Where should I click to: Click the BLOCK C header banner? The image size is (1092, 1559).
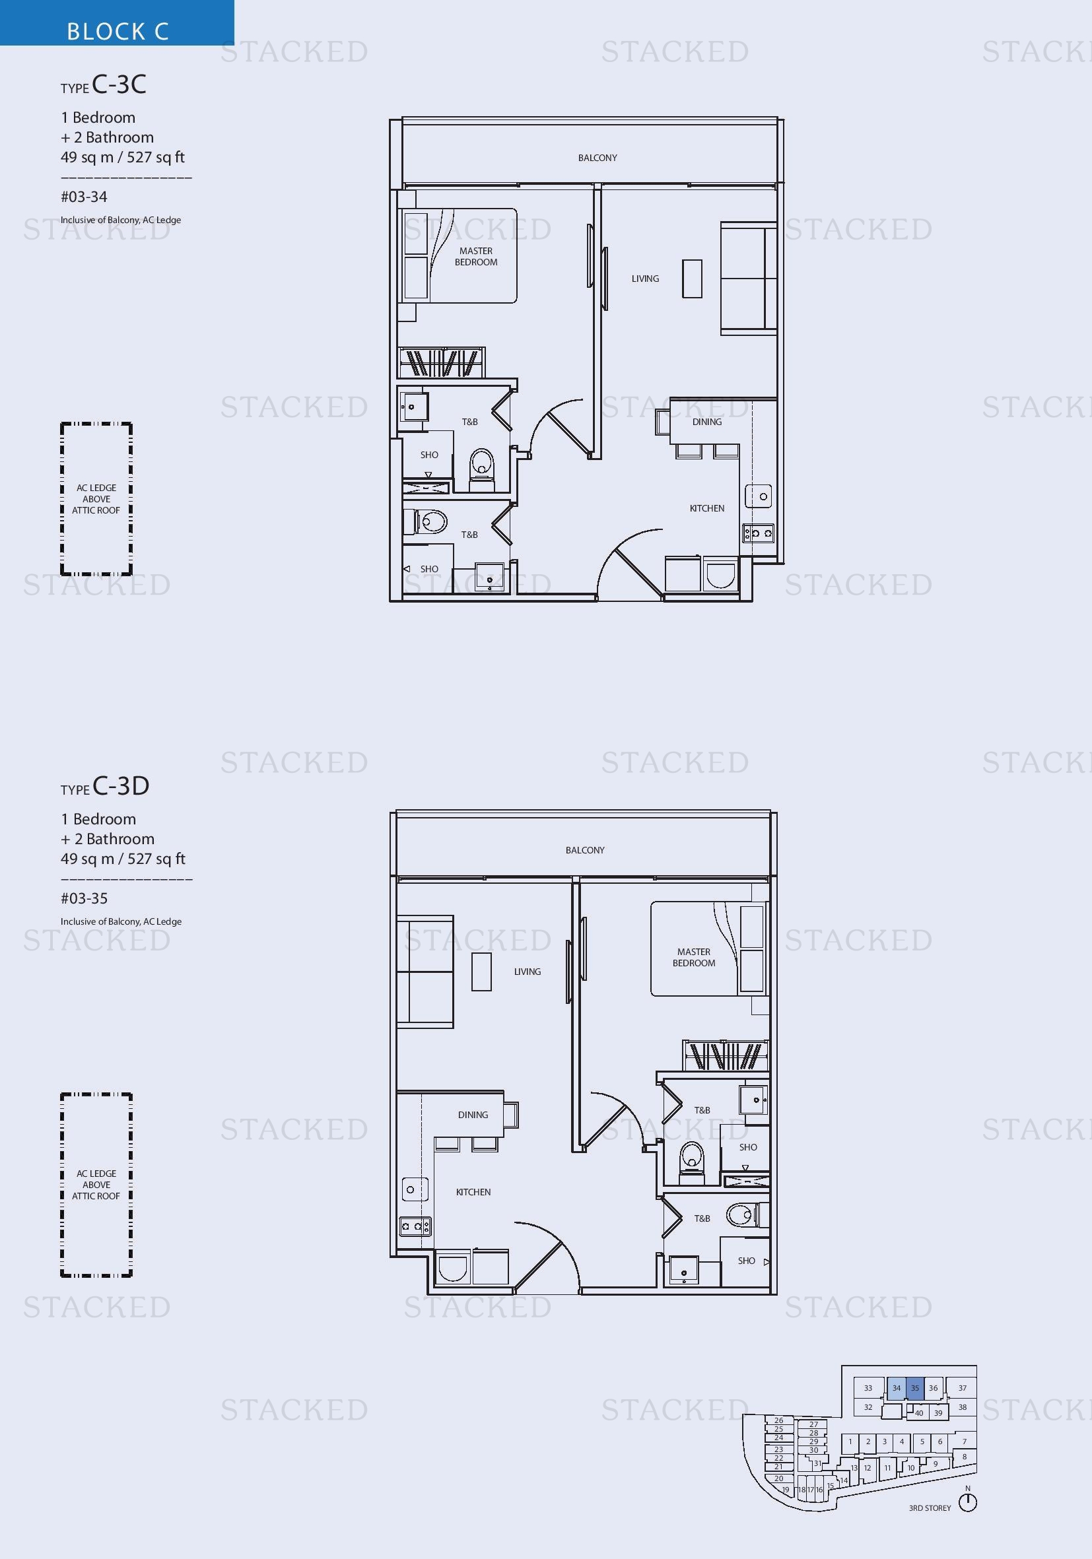tap(117, 22)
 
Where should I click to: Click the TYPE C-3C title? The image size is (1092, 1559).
tap(103, 84)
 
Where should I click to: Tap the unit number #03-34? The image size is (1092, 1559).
tap(85, 197)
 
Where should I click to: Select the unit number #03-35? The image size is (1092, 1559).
tap(85, 898)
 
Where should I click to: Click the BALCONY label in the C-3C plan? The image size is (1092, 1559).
tap(597, 158)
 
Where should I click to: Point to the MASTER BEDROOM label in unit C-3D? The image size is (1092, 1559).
tap(694, 958)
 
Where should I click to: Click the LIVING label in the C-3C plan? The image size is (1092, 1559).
tap(645, 279)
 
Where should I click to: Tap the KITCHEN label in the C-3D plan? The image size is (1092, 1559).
tap(473, 1191)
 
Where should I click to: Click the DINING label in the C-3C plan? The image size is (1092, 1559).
tap(707, 422)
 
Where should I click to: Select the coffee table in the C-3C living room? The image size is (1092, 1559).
tap(692, 279)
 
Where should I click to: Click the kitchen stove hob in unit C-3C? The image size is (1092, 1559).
tap(758, 533)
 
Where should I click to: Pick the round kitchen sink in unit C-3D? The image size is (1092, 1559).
tap(414, 1189)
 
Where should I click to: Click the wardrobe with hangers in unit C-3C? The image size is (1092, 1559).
tap(442, 362)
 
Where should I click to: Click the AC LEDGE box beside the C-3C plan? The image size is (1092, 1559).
tap(96, 499)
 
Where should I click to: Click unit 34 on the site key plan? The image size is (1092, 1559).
tap(897, 1388)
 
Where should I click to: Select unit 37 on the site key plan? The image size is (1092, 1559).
tap(963, 1388)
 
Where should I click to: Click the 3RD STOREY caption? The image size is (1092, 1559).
tap(930, 1508)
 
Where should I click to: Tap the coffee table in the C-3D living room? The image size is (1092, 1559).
tap(481, 972)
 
